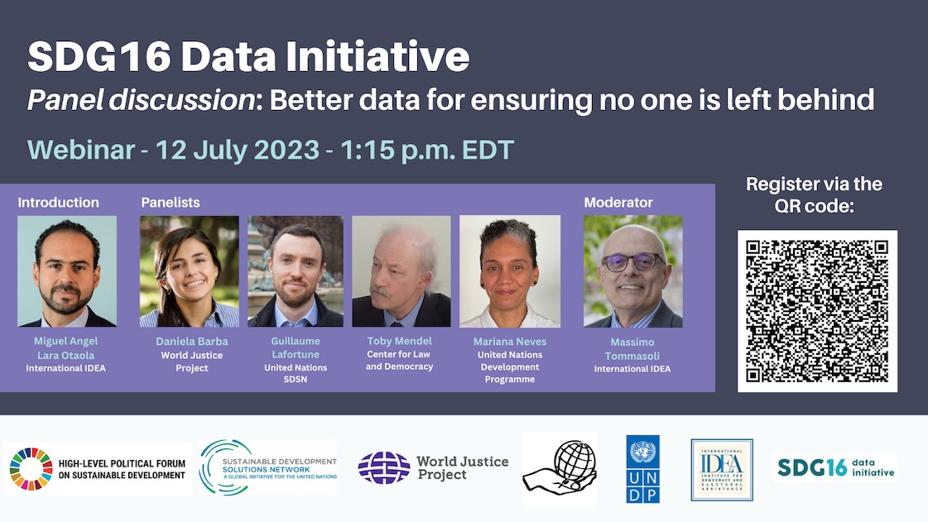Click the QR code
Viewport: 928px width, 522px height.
point(817,310)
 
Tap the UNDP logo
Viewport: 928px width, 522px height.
point(643,468)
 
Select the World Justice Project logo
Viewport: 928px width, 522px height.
point(433,468)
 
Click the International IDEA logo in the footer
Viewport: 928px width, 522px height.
point(722,470)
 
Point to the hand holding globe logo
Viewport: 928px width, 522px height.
point(560,468)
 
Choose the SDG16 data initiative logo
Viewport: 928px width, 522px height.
point(835,467)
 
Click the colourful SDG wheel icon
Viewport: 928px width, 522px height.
point(31,469)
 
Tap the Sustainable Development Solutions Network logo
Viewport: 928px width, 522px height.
point(268,467)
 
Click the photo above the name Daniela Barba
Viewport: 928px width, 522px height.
point(189,271)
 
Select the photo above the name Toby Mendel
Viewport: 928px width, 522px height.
point(401,271)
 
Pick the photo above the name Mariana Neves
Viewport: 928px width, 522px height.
point(510,271)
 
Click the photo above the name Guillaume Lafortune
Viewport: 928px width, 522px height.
point(295,271)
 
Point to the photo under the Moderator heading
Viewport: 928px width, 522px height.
point(633,271)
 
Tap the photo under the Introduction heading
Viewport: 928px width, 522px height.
point(67,271)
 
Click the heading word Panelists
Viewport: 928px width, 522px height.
point(171,203)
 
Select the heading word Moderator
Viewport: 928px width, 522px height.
point(618,203)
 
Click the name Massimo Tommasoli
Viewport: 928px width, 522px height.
point(632,348)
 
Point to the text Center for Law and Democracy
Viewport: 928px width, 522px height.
point(400,361)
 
